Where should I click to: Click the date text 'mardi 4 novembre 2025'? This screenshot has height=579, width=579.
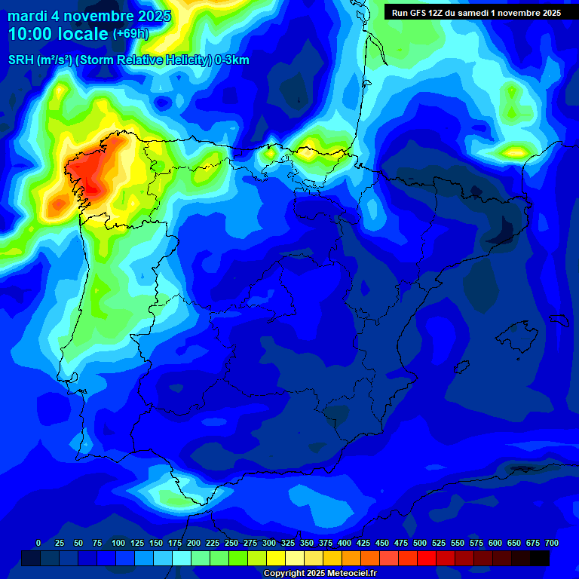tap(89, 16)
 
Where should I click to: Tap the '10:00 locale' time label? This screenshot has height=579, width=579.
tap(59, 34)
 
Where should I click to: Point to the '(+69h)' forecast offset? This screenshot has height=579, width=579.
tap(130, 34)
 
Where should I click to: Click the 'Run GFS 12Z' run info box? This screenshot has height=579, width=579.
tap(476, 12)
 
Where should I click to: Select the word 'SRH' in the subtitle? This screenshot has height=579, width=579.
tap(20, 60)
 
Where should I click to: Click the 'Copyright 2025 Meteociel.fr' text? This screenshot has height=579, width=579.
tap(320, 573)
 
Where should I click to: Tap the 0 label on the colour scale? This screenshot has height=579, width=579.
tap(38, 543)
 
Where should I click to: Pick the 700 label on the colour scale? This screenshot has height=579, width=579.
tap(551, 543)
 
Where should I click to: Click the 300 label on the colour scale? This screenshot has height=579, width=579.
tap(269, 543)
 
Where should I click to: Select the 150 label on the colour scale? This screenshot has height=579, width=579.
tap(156, 543)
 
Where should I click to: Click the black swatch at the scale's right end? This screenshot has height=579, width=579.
tap(540, 558)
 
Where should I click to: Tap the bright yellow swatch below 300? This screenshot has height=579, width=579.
tap(276, 558)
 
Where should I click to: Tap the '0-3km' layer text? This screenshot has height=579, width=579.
tap(231, 60)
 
